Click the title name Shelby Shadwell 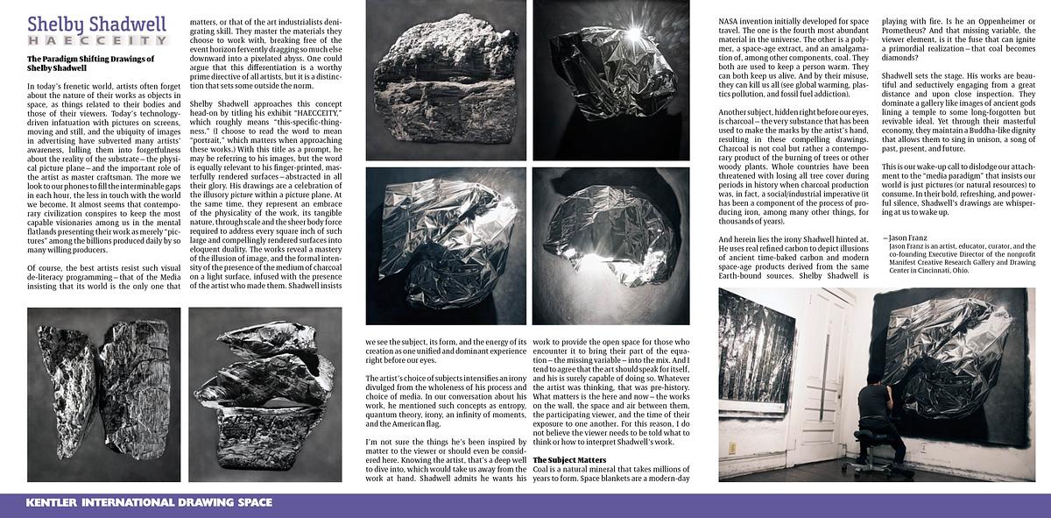tap(96, 25)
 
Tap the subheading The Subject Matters tap(569, 459)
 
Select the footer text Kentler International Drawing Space tap(149, 503)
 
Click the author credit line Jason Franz tap(906, 238)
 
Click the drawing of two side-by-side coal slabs tap(103, 394)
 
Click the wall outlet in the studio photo tap(733, 448)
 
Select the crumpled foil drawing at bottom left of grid tap(446, 246)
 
